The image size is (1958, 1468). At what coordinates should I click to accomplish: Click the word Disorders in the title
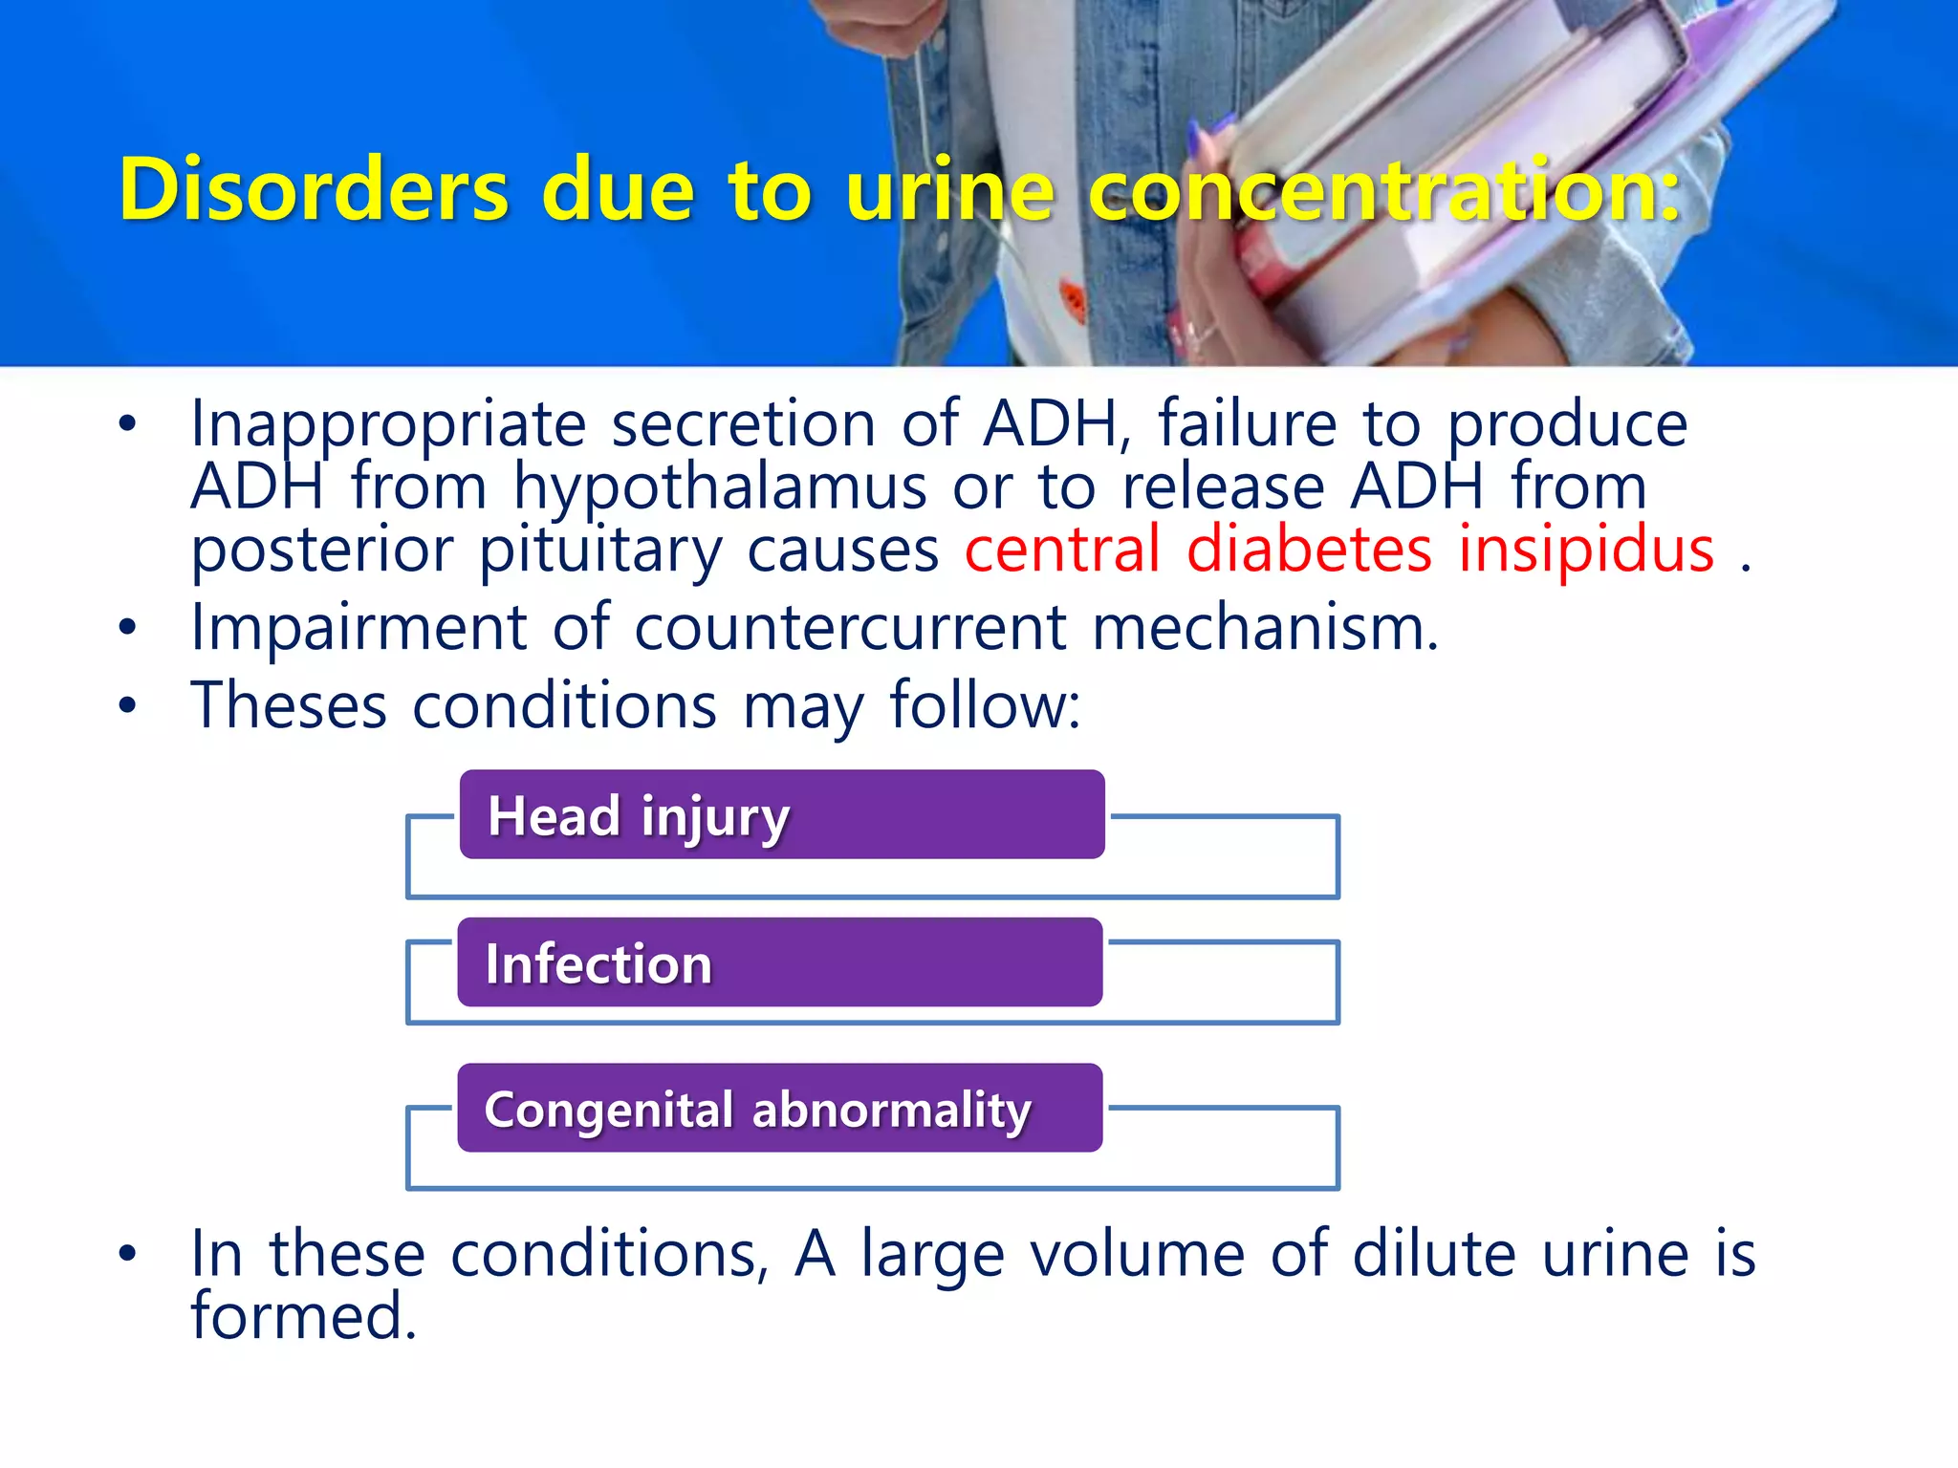[314, 189]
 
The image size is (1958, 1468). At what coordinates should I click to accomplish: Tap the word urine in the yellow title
[950, 189]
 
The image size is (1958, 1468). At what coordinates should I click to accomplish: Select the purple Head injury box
[782, 815]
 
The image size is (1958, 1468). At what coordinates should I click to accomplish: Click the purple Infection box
[780, 962]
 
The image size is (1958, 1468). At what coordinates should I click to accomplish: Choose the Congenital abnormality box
[780, 1109]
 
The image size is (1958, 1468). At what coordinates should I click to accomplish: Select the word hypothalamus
[720, 487]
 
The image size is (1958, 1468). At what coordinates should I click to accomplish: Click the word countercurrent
[851, 628]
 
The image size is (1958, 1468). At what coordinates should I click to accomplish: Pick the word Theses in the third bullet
[289, 706]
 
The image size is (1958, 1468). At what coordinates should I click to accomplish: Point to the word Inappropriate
[388, 425]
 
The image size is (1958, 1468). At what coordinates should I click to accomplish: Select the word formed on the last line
[303, 1316]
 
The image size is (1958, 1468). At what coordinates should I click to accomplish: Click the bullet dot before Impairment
[128, 628]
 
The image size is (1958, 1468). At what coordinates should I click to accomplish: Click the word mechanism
[1265, 628]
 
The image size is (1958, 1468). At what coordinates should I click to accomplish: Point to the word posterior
[322, 551]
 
